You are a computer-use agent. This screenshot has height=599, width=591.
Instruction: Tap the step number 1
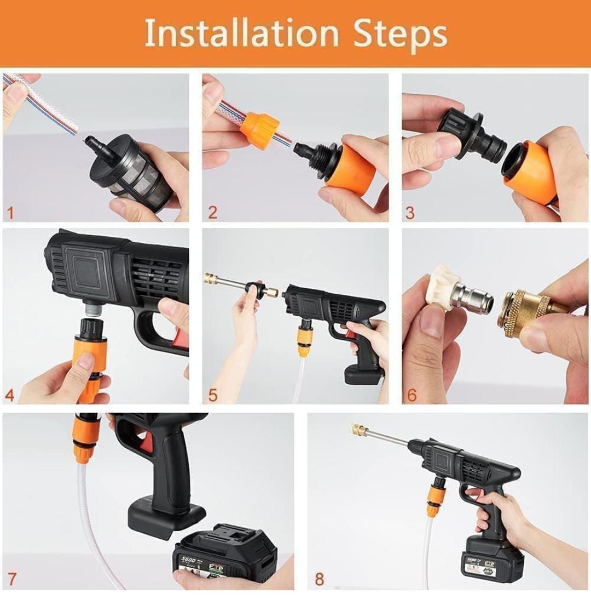point(9,212)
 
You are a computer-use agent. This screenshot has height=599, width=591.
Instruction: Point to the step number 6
point(412,395)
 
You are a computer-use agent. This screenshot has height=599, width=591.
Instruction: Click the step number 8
point(319,579)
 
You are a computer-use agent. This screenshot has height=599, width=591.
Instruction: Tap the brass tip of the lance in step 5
point(210,278)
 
